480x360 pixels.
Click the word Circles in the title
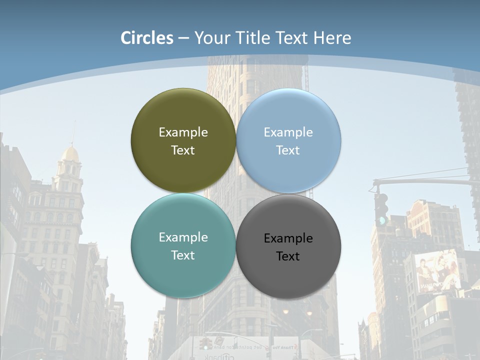point(147,38)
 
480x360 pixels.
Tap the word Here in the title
point(332,38)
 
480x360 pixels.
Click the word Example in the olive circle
point(183,132)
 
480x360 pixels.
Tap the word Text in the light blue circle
point(288,150)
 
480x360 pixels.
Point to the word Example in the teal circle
point(183,237)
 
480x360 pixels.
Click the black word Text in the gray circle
point(288,256)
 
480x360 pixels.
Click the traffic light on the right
point(381,208)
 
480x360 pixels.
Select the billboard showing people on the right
point(438,272)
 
